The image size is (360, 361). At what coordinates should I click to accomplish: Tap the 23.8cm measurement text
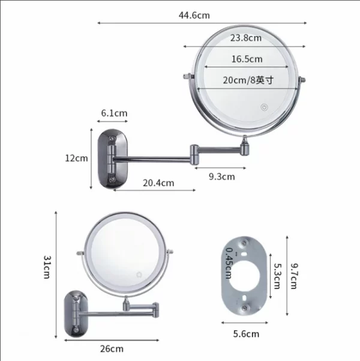pyautogui.click(x=246, y=38)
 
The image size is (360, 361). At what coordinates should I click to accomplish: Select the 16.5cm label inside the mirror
pyautogui.click(x=247, y=59)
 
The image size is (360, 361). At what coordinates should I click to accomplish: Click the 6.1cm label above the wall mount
pyautogui.click(x=114, y=113)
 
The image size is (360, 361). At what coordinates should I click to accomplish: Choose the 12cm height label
pyautogui.click(x=76, y=158)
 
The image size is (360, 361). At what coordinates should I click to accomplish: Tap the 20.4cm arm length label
pyautogui.click(x=158, y=183)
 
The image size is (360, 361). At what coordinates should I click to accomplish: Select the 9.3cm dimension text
pyautogui.click(x=221, y=177)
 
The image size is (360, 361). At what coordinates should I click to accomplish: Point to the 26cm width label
pyautogui.click(x=112, y=348)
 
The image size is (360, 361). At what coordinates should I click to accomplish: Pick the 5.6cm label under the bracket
pyautogui.click(x=247, y=334)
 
